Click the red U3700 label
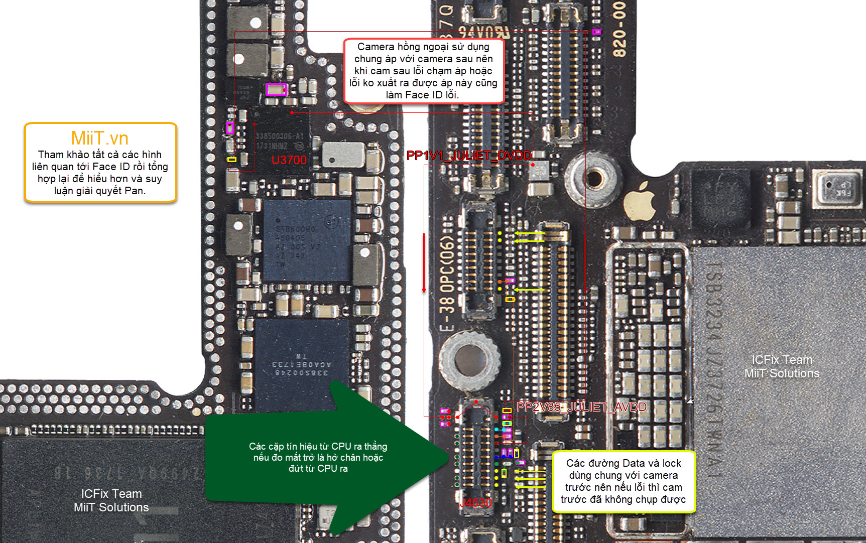click(289, 160)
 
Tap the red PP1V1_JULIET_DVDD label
click(468, 156)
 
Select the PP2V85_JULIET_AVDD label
click(581, 407)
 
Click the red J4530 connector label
click(476, 503)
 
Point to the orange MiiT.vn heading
click(99, 138)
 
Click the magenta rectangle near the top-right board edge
click(596, 32)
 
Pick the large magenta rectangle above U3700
click(276, 89)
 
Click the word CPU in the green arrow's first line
click(341, 446)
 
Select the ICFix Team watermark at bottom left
click(111, 494)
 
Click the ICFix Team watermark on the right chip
click(782, 360)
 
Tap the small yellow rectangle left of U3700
click(231, 160)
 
